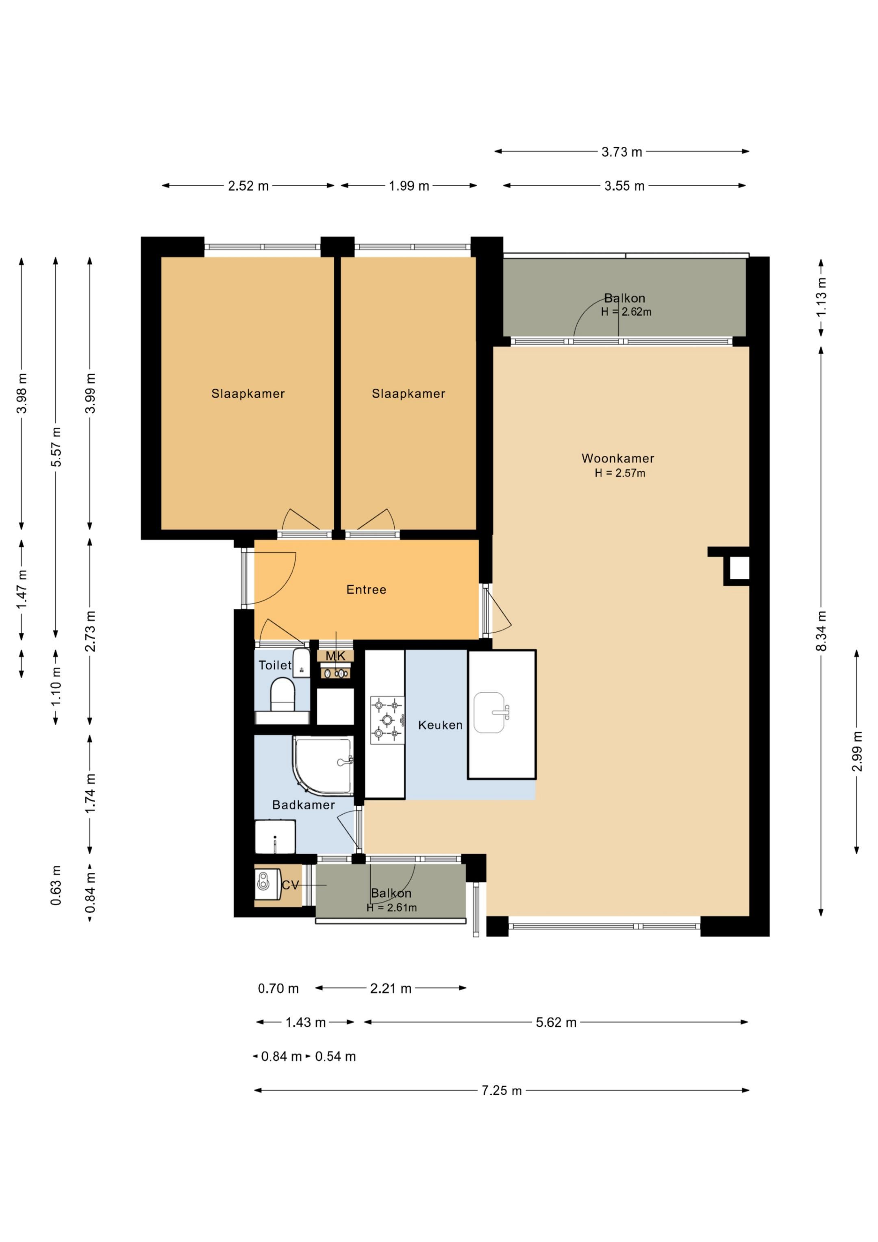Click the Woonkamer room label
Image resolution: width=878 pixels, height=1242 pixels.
pos(618,458)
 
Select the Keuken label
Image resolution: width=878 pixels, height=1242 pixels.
pos(440,725)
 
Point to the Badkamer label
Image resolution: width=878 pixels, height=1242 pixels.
pos(304,805)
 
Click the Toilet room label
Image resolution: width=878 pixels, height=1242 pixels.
pos(275,666)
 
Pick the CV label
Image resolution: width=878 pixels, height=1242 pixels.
pos(291,885)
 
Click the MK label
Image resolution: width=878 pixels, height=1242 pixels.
pos(335,656)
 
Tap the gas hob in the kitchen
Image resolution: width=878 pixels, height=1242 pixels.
pos(387,720)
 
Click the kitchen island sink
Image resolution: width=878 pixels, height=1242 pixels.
pos(491,713)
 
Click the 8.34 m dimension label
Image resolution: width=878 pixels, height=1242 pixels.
pos(821,631)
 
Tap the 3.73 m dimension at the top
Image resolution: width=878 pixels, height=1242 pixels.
pos(622,152)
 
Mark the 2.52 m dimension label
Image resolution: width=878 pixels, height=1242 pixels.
pos(248,186)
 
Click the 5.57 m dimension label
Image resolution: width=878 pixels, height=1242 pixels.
pos(56,447)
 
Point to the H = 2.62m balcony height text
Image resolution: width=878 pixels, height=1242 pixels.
pos(626,312)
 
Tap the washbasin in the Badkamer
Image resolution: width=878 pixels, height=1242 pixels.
pos(275,837)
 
